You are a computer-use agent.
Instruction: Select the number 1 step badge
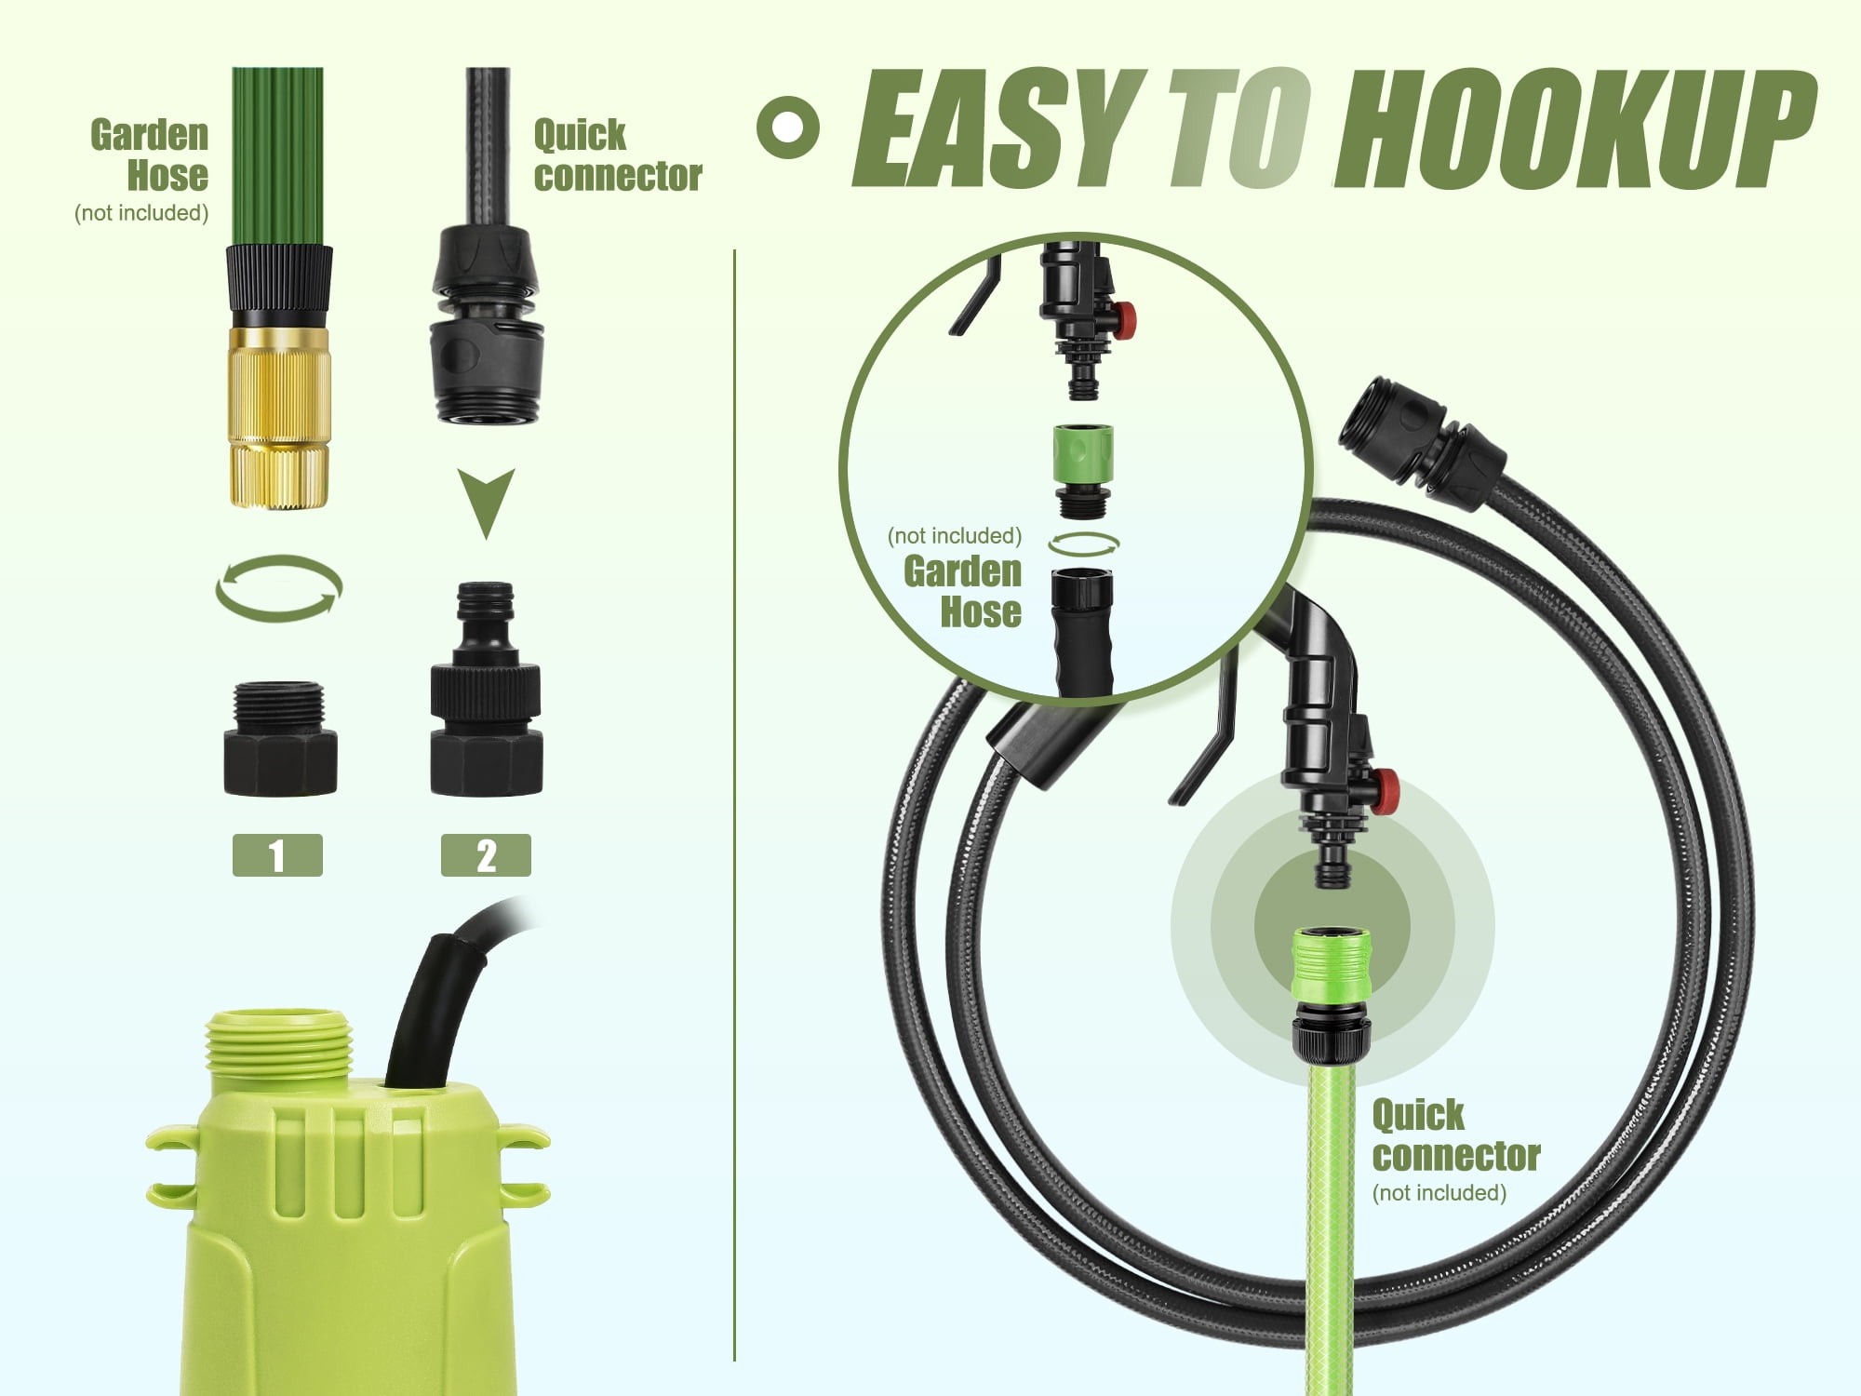click(277, 855)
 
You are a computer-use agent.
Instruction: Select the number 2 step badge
click(486, 855)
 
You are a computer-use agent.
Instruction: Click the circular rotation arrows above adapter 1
click(279, 588)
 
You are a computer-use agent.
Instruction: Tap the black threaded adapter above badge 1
click(280, 739)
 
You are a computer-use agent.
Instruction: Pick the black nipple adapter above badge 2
click(486, 689)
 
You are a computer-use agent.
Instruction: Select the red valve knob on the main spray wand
click(1386, 792)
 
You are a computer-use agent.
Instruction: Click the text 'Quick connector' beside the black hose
click(617, 155)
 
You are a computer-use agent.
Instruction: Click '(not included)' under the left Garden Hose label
click(141, 213)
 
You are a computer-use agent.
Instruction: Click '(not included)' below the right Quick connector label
click(1439, 1193)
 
